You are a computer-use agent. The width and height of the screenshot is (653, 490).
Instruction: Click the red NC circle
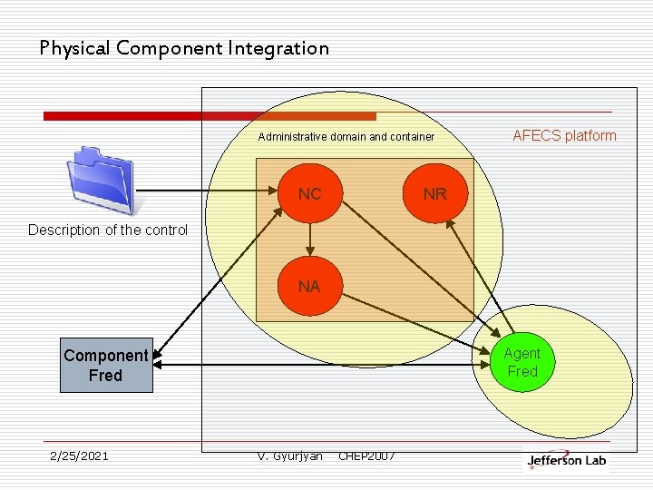pos(310,193)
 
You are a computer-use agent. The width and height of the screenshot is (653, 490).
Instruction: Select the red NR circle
pos(434,193)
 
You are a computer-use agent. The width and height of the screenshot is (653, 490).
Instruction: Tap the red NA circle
pos(309,286)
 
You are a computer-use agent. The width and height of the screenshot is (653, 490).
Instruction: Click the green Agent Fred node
pos(522,363)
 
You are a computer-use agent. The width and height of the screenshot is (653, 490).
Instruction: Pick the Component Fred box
pos(106,366)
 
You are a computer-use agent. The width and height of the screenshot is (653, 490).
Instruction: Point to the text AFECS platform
pos(564,136)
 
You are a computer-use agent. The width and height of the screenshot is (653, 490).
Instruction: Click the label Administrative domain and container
pos(346,137)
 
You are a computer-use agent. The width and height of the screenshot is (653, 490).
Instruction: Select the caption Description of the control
pos(108,230)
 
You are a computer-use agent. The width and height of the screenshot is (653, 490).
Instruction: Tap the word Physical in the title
pos(75,48)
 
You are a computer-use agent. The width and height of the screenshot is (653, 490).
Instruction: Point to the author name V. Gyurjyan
pos(290,456)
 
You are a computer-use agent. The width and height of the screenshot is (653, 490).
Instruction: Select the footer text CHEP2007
pos(366,456)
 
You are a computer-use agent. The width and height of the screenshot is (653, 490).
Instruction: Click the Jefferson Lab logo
pos(567,460)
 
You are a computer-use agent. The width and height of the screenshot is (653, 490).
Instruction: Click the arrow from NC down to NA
pos(310,238)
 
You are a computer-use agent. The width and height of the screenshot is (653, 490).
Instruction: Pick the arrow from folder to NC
pos(209,192)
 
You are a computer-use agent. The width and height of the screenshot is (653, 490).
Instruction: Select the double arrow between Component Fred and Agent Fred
pos(317,365)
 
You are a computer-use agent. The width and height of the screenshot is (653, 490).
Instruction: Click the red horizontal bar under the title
pos(210,116)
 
